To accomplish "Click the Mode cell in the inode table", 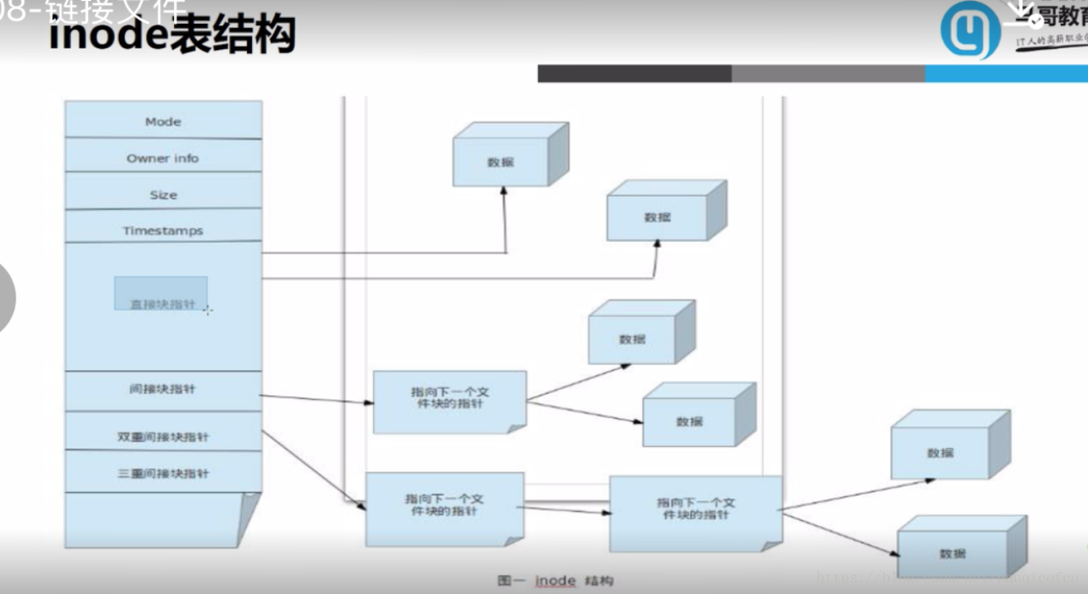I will tap(163, 121).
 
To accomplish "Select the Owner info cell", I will tap(163, 158).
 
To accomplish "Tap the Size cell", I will tap(163, 194).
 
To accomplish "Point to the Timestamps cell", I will tap(163, 231).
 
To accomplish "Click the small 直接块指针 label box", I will tap(161, 293).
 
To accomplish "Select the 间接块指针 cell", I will tap(163, 389).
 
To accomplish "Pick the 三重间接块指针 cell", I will tap(163, 473).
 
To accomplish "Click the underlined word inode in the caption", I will tap(555, 580).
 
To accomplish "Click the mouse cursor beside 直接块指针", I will tap(207, 310).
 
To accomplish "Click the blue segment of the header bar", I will tap(1006, 74).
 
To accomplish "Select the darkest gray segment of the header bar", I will tap(634, 74).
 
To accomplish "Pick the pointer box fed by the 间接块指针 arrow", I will tap(450, 402).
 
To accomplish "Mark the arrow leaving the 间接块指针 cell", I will tap(316, 400).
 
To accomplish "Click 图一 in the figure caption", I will tap(509, 580).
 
